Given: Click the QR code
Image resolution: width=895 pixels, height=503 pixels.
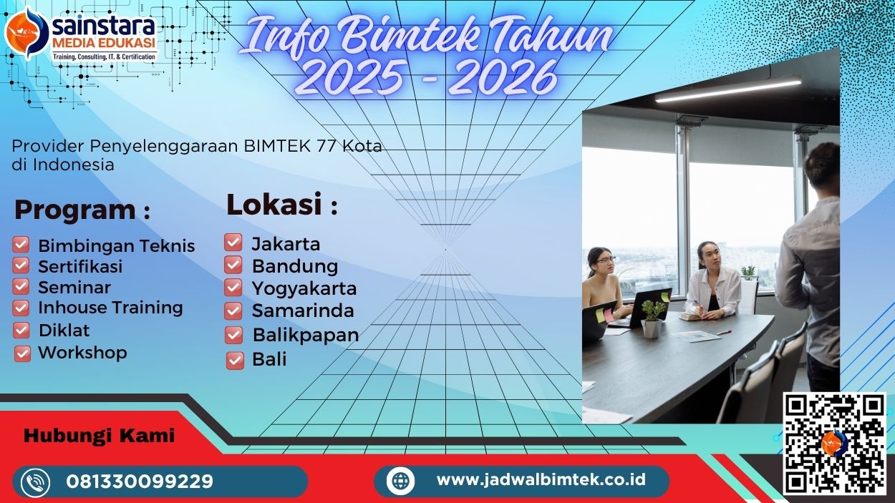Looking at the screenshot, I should pos(834,443).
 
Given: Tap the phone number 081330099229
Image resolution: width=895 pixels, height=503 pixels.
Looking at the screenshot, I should pos(140,482).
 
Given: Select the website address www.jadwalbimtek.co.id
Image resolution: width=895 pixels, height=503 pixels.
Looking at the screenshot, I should pos(541,479).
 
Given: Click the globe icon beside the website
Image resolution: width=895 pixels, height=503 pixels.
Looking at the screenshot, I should pos(400,480).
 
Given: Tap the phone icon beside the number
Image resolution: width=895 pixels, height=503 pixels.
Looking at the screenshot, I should pos(35,482).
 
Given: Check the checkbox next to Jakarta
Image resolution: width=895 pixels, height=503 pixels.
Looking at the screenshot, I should pos(233,243).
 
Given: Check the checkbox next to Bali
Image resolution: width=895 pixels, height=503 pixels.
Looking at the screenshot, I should pos(235,360).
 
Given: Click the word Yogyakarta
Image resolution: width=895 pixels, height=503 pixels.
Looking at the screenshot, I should pos(304,288).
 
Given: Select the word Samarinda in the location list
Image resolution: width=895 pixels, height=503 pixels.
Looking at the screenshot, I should pos(303,311).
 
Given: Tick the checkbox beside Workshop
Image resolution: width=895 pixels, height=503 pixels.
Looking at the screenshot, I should pos(22,353).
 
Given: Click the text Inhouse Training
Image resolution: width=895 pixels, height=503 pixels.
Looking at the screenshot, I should pos(110,308).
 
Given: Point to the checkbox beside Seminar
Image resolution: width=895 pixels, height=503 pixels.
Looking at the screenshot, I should pos(21,287).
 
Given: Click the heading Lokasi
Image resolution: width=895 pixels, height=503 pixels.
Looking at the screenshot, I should pos(274,205).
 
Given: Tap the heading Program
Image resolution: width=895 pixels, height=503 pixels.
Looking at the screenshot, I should pos(74,210).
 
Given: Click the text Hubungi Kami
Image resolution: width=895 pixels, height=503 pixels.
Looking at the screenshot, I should pos(99,435).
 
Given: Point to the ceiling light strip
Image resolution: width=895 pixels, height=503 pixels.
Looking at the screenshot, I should pos(728,90).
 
